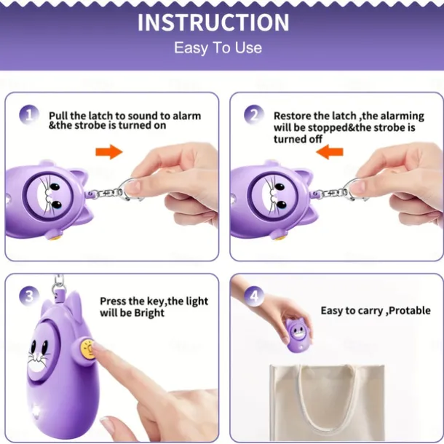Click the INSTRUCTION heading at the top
(213, 22)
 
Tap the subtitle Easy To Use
(218, 47)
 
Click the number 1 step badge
(29, 115)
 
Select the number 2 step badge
(254, 115)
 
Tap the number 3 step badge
(29, 296)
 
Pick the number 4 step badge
(254, 296)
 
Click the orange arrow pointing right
(109, 152)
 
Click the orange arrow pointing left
(330, 152)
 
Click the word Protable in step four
(410, 311)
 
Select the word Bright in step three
(149, 313)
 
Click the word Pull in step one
(58, 116)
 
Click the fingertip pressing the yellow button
(97, 348)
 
